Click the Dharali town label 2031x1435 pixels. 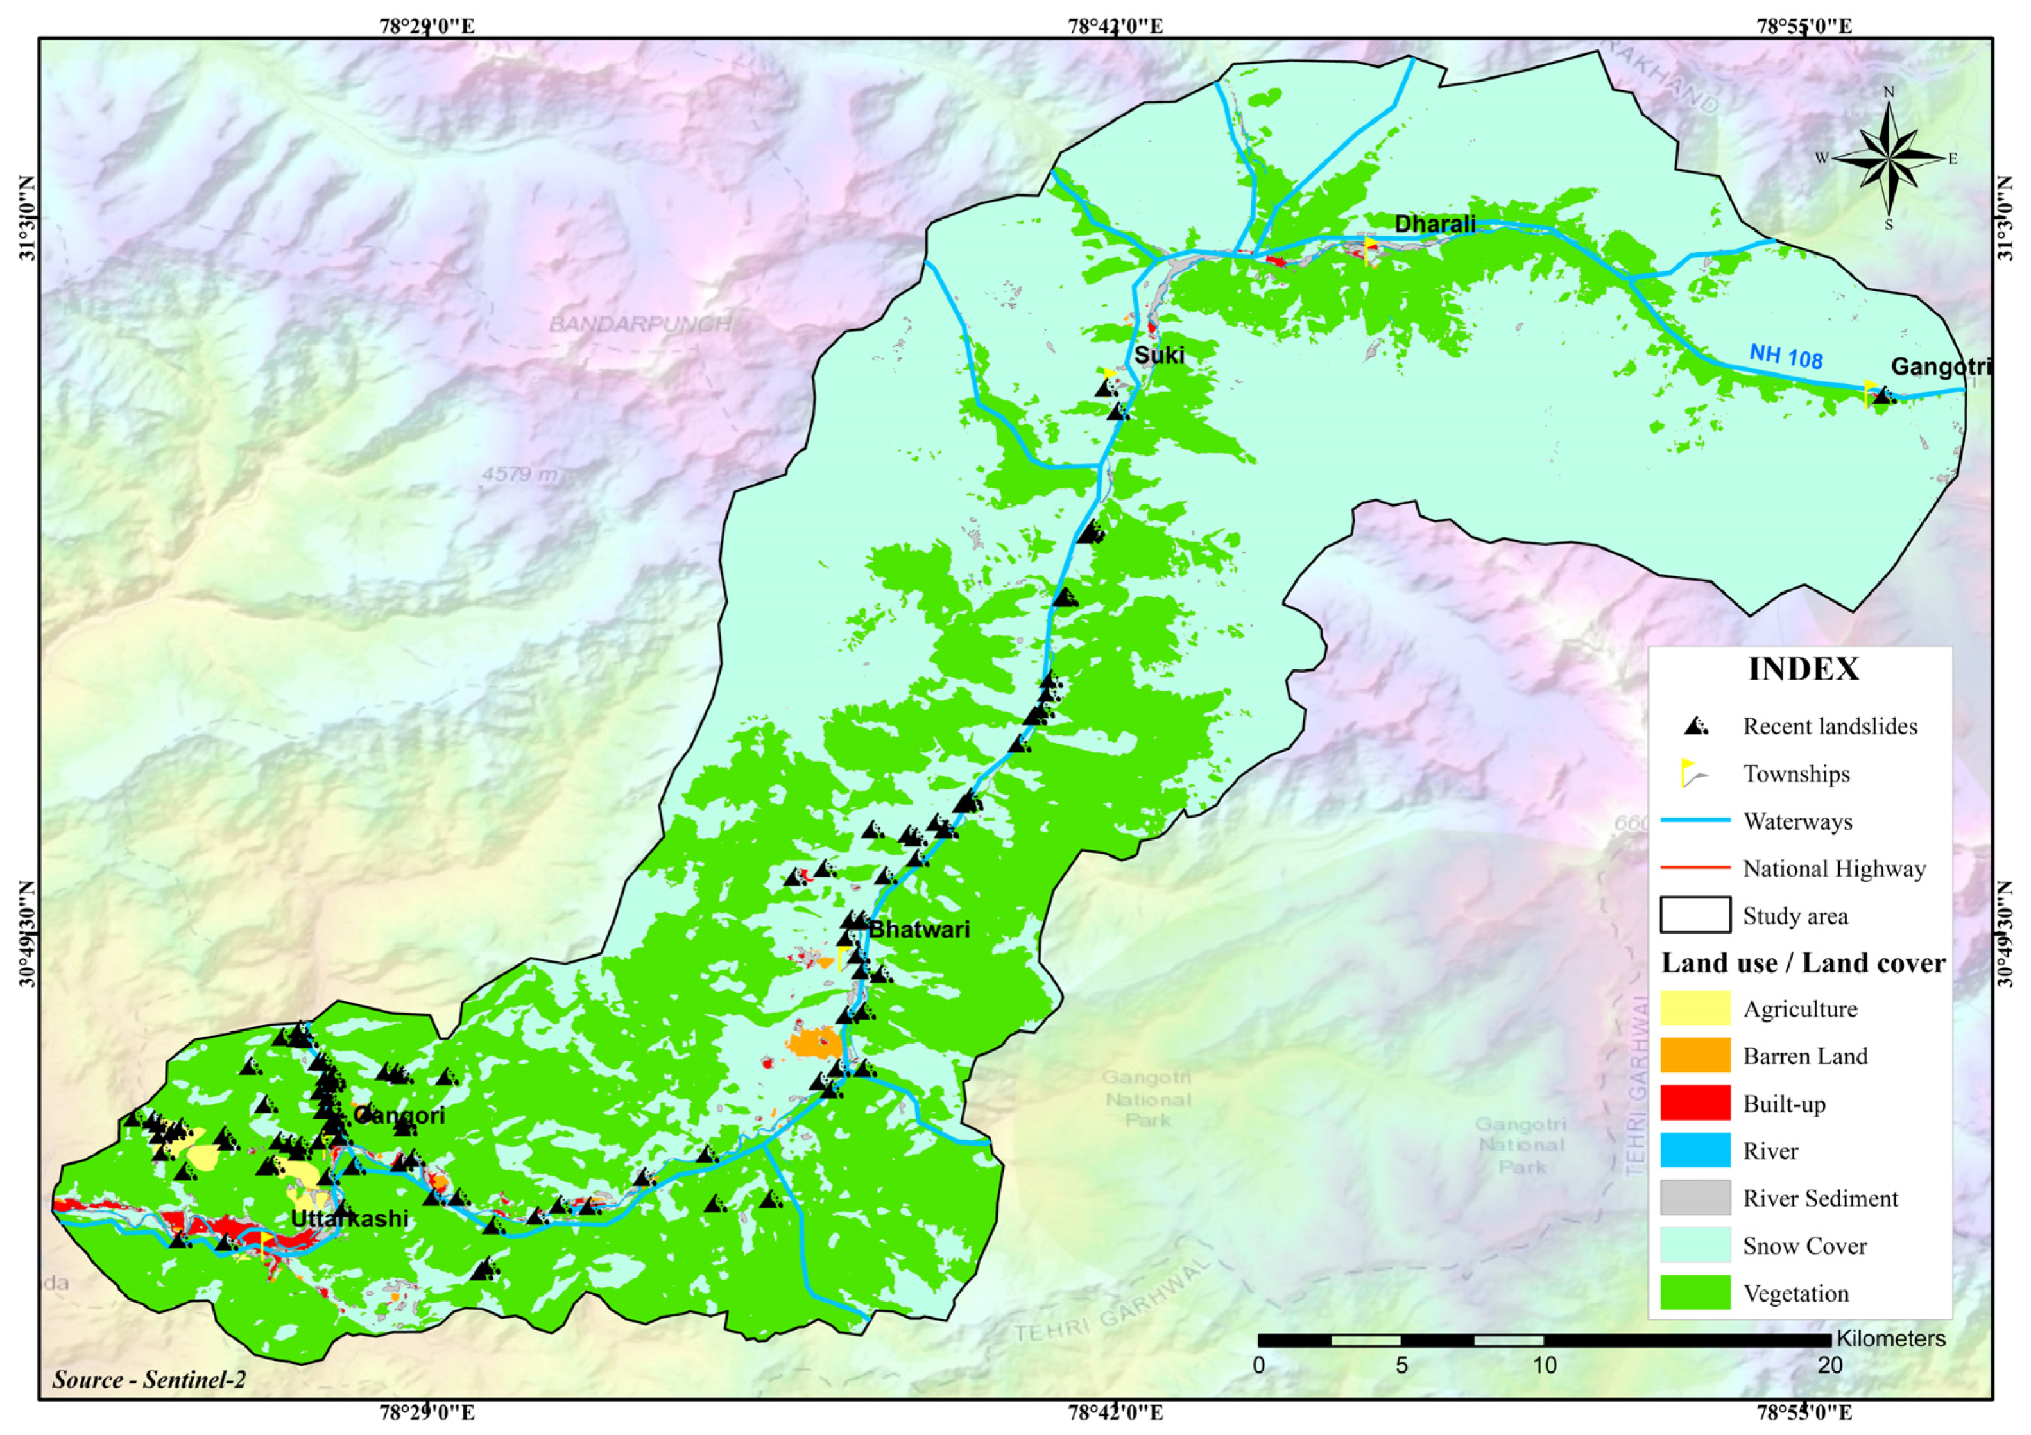[x=1435, y=224]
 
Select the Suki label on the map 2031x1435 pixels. [x=1159, y=355]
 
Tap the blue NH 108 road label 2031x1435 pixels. [x=1785, y=357]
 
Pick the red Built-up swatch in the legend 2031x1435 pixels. [x=1695, y=1103]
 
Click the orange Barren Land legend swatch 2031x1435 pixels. [x=1695, y=1056]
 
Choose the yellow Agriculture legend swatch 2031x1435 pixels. [x=1695, y=1009]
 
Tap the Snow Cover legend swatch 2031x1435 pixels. [x=1695, y=1245]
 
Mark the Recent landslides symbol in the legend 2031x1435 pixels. [x=1695, y=726]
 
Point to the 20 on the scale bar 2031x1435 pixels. [x=1830, y=1365]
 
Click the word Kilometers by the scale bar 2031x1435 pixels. [x=1890, y=1339]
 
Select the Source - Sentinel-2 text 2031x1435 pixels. [x=149, y=1379]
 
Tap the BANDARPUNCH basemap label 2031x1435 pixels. [x=640, y=324]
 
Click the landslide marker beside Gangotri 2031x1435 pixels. [x=1882, y=397]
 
